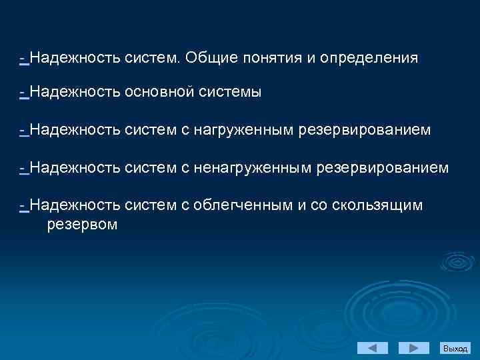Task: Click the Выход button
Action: (456, 348)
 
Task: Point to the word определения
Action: (369, 58)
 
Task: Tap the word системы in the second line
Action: (230, 93)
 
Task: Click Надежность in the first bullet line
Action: (74, 58)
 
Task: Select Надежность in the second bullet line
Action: (74, 93)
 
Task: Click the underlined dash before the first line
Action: (23, 58)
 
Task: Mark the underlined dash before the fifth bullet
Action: (23, 205)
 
